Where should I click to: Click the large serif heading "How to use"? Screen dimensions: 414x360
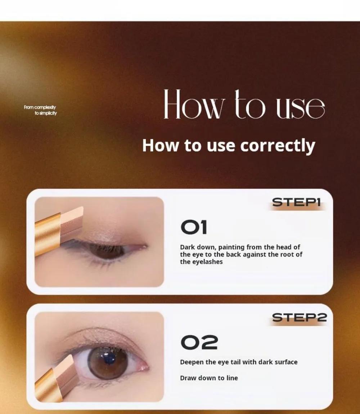tap(244, 104)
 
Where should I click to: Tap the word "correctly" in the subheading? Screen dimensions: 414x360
tap(278, 146)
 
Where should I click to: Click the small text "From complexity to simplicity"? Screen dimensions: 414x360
tap(40, 110)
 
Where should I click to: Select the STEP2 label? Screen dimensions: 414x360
tap(300, 318)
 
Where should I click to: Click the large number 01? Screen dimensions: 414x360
tap(194, 228)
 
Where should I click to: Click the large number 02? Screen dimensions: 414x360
tap(199, 343)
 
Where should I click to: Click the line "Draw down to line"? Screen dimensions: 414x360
tap(209, 378)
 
